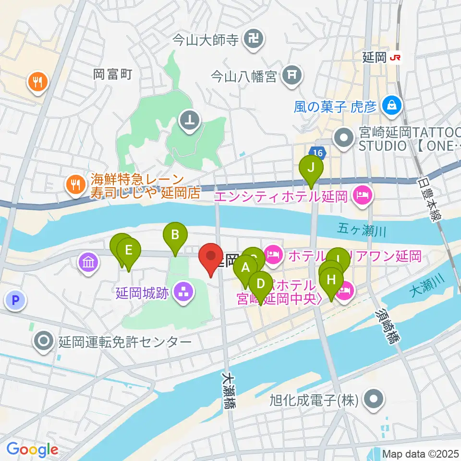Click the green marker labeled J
311,168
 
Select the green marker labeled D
261,283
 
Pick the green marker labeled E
128,251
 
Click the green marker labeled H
332,279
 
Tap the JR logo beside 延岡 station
396,58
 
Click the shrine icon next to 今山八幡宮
291,75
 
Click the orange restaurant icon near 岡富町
37,82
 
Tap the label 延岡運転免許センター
124,342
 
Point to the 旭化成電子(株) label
315,400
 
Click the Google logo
32,449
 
